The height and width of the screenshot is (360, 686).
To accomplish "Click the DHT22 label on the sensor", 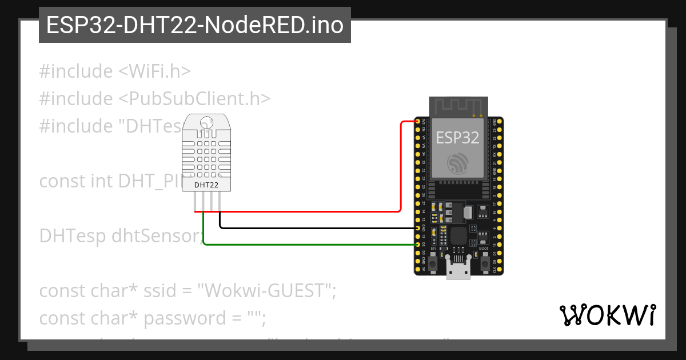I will click(206, 185).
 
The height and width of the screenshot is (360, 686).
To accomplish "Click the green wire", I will click(309, 245).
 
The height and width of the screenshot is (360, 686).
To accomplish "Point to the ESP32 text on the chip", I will click(458, 137).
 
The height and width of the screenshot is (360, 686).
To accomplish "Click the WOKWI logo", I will click(607, 315).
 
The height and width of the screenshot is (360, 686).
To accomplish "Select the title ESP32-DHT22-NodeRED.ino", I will click(194, 25).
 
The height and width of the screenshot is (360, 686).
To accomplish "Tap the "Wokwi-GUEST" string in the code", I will click(265, 291).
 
